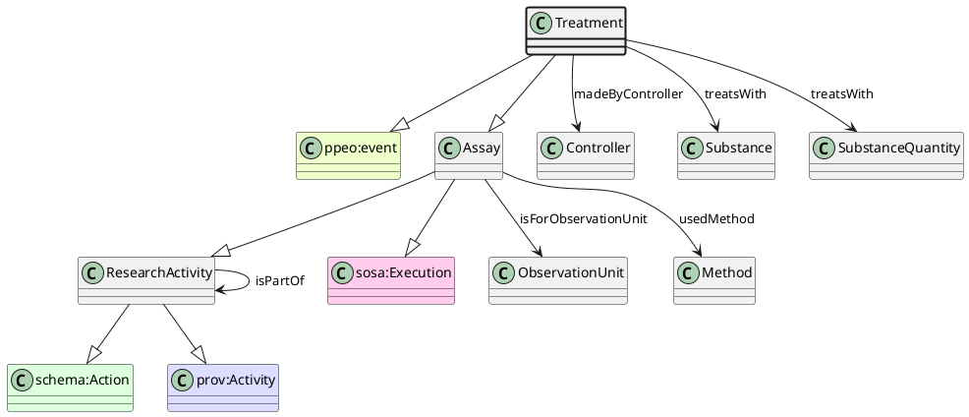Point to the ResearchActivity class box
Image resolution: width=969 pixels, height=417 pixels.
coord(146,280)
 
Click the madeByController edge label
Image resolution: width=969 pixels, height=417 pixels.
coord(627,93)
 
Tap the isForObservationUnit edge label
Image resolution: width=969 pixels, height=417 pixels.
coord(583,218)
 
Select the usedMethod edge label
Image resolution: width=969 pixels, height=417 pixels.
coord(716,218)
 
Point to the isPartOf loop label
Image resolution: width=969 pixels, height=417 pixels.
coord(279,280)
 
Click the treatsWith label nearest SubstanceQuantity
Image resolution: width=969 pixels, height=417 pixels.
coord(841,93)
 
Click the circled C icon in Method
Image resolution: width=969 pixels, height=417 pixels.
coord(689,272)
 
